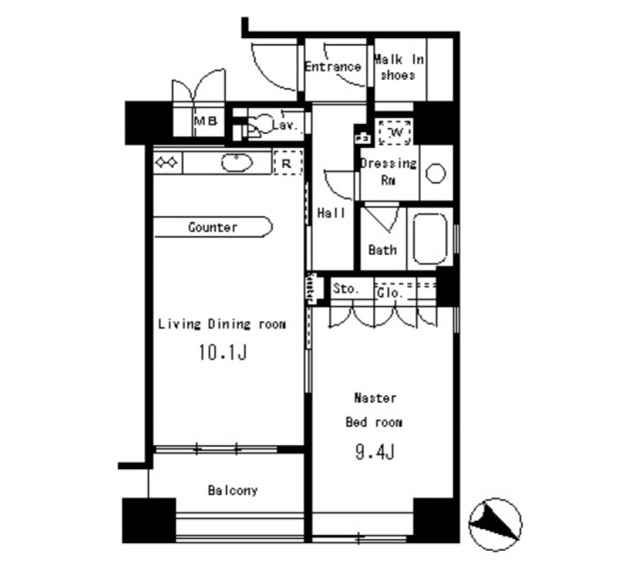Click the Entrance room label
[333, 67]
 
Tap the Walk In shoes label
[399, 67]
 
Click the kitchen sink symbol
[236, 163]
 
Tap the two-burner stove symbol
[166, 162]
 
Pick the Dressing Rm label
[388, 171]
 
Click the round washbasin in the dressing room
[435, 173]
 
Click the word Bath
[383, 250]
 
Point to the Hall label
[331, 213]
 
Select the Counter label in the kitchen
[212, 227]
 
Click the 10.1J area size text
[222, 352]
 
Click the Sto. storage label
[345, 290]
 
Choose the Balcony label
[232, 491]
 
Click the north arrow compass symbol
[495, 524]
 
